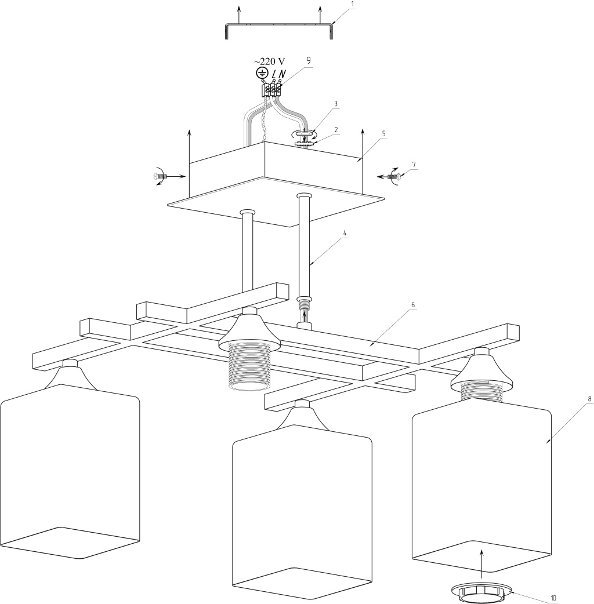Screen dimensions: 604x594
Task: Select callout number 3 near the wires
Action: pos(335,104)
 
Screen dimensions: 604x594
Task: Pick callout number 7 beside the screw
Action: pos(414,164)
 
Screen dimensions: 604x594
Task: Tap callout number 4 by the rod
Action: pos(345,234)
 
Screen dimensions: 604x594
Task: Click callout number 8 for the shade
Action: pos(574,399)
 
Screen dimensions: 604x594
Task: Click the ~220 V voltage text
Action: pos(270,61)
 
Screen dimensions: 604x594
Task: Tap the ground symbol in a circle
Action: pos(262,74)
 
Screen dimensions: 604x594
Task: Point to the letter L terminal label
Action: pos(274,74)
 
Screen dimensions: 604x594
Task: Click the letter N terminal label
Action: pos(282,74)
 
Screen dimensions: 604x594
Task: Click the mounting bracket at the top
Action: pos(279,26)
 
